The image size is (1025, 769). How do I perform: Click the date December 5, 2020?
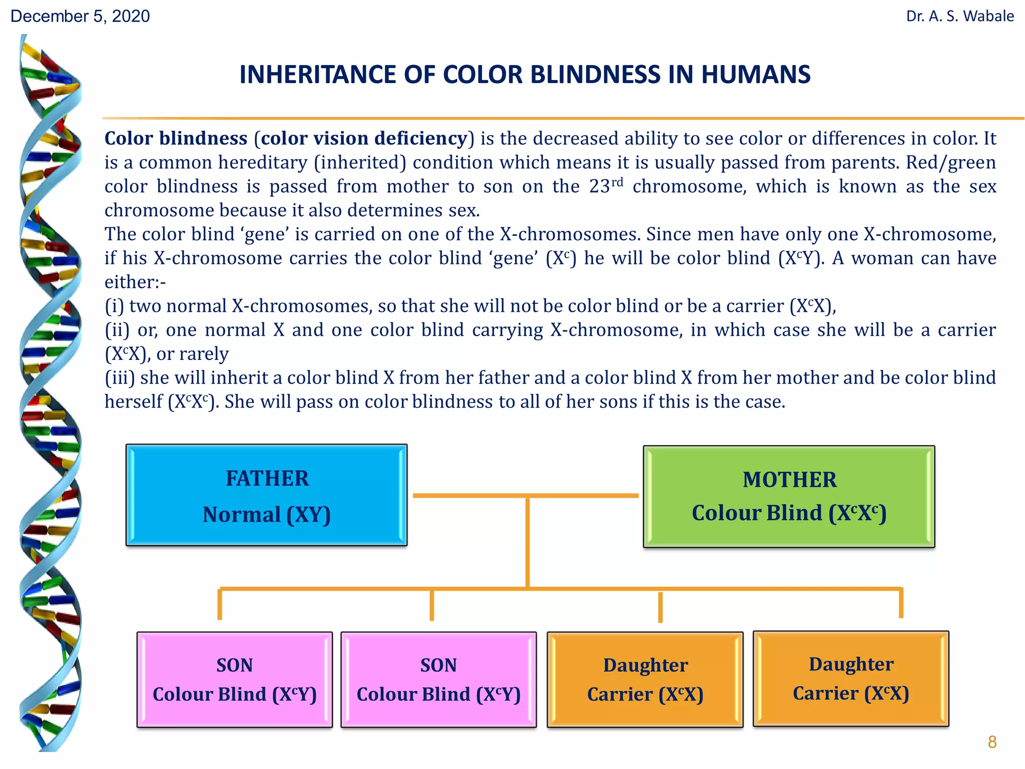pos(80,17)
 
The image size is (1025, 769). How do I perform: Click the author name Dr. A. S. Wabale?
pos(960,17)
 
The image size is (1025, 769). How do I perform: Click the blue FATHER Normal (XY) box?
pos(266,495)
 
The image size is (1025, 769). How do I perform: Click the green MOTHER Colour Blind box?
pos(789,496)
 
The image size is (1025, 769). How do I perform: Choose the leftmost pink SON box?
pos(235,679)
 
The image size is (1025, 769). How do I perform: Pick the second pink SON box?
pos(438,679)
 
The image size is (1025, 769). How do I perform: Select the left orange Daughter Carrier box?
pos(645,679)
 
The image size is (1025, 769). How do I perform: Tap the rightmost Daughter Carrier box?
pos(851,678)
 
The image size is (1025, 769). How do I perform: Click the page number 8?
pos(992,741)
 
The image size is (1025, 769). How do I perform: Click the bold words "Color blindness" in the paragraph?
pos(176,139)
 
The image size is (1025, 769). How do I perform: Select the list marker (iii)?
pos(120,378)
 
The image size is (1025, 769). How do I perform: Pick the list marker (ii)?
pos(117,330)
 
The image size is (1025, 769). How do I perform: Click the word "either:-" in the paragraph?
pos(135,282)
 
